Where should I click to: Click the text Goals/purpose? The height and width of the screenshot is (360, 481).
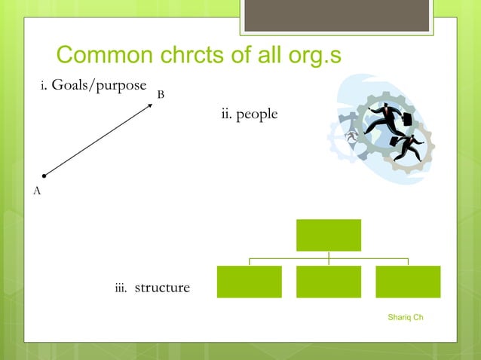click(98, 86)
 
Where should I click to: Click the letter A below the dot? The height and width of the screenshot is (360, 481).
click(37, 191)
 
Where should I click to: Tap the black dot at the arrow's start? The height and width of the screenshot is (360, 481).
click(44, 176)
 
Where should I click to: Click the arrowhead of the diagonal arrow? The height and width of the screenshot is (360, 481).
click(149, 105)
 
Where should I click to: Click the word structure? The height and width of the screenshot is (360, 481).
click(162, 288)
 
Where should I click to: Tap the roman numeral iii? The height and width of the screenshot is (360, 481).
click(120, 288)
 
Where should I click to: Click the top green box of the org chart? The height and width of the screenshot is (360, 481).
click(328, 235)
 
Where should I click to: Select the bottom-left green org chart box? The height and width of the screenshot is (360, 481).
click(249, 282)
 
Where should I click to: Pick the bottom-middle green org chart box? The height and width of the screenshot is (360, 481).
click(328, 282)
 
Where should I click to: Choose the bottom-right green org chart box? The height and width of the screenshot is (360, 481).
click(408, 282)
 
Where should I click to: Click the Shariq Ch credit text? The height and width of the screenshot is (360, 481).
click(405, 317)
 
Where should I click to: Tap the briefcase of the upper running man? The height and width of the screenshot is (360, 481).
click(406, 119)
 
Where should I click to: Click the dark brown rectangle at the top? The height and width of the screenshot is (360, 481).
click(337, 16)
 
